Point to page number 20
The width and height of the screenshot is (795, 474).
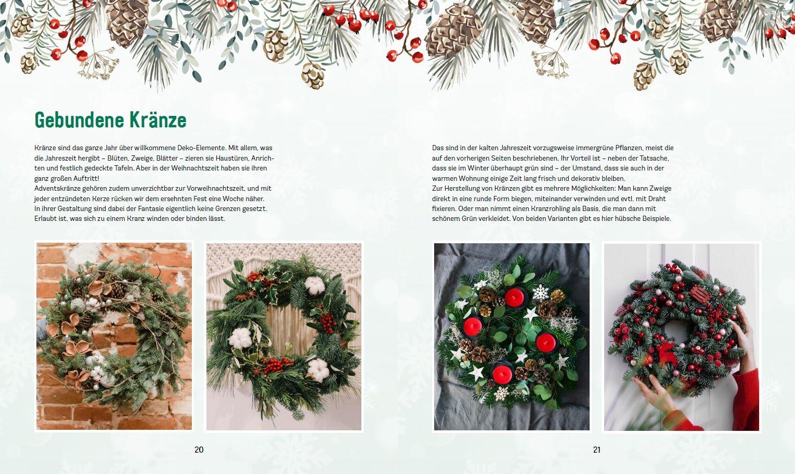(199, 450)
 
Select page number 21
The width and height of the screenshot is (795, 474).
(596, 450)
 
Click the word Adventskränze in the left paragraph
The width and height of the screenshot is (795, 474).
(56, 188)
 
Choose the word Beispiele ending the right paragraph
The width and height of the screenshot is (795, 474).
(656, 219)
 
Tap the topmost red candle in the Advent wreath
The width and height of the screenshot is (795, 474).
(514, 297)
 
